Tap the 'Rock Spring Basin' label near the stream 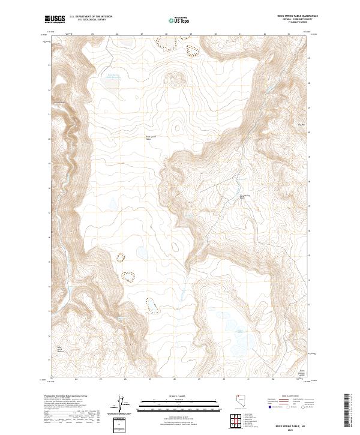click(244, 196)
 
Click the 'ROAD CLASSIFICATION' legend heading click(287, 397)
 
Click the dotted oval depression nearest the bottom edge click(152, 306)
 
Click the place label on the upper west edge click(59, 101)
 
